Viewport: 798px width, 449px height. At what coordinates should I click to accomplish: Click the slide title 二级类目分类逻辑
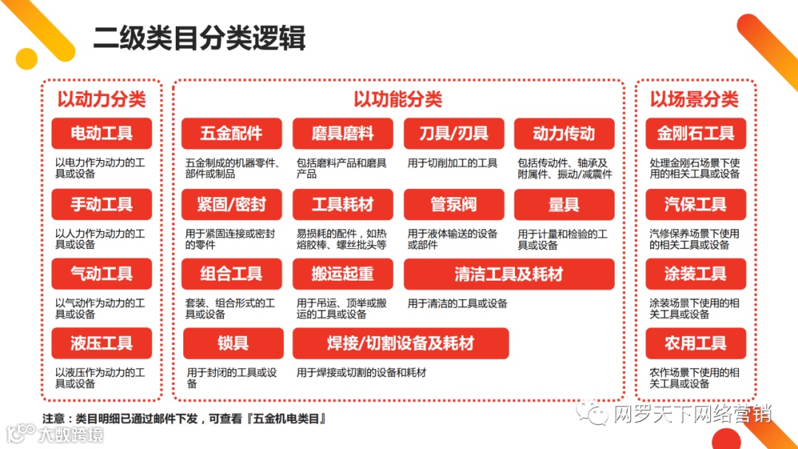[x=199, y=38]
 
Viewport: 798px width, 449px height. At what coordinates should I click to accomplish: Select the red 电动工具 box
[x=101, y=134]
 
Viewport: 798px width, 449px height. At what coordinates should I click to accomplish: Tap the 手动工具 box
[x=101, y=204]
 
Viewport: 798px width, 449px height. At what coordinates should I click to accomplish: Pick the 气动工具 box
[x=101, y=274]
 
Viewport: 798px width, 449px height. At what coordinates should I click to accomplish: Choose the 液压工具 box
[x=101, y=343]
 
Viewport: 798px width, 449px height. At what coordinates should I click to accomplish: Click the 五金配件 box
[x=231, y=134]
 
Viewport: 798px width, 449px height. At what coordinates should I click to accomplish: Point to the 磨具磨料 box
[x=342, y=134]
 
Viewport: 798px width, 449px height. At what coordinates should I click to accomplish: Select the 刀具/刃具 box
[x=454, y=134]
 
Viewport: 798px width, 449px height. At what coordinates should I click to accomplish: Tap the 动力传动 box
[x=564, y=134]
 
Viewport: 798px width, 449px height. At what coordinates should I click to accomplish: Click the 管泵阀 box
[x=454, y=204]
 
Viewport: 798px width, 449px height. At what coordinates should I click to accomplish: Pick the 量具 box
[x=564, y=204]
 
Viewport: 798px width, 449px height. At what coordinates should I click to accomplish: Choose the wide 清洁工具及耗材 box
[x=509, y=274]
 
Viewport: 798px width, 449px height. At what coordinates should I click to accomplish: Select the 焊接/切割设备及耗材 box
[x=400, y=343]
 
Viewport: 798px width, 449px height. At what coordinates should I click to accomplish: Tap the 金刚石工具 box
[x=695, y=134]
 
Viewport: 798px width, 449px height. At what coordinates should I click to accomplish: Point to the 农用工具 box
[x=695, y=343]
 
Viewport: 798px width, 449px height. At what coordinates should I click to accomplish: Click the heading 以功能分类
[x=398, y=99]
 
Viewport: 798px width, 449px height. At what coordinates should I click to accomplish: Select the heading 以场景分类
[x=694, y=99]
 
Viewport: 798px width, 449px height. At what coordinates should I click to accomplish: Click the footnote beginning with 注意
[x=184, y=419]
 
